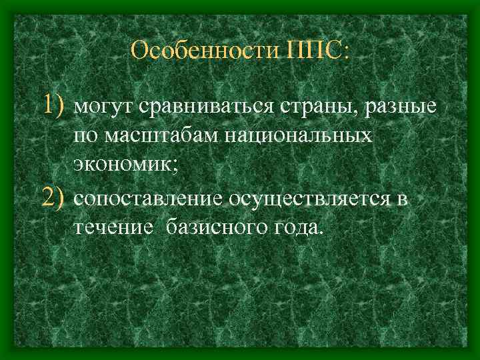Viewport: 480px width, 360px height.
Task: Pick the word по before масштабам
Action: (x=85, y=137)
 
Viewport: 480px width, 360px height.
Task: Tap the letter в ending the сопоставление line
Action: (x=402, y=200)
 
